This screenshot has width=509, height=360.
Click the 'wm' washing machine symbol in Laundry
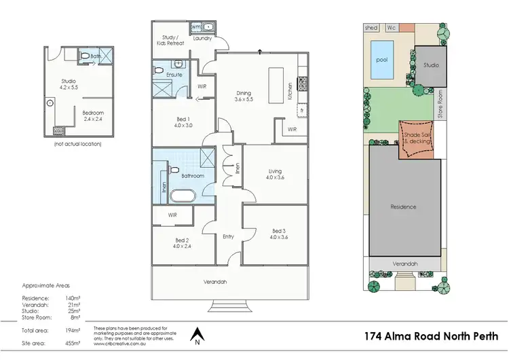point(195,27)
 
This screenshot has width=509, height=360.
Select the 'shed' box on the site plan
point(371,28)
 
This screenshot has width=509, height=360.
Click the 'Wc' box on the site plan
point(391,28)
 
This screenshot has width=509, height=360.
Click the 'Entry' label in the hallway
point(228,236)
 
